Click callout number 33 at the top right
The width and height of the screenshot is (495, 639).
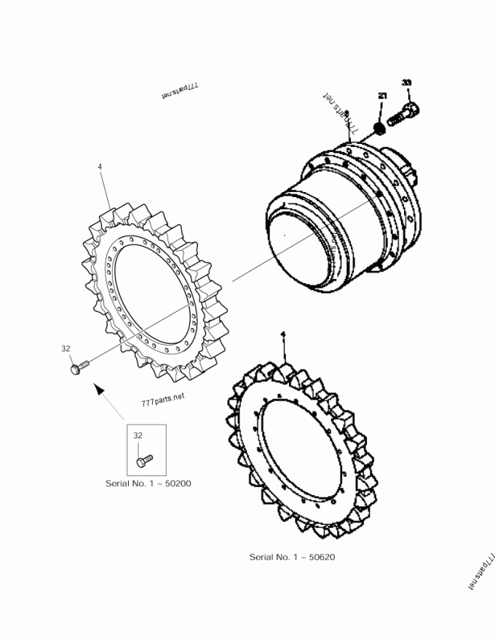(406, 83)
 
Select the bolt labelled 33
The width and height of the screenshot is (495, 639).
(403, 113)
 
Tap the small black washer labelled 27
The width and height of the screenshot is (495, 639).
(379, 128)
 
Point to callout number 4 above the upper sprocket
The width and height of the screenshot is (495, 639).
(100, 167)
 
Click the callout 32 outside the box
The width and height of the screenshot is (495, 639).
(66, 349)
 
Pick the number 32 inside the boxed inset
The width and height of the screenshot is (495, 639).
(138, 435)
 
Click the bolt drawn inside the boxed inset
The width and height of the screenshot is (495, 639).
(144, 459)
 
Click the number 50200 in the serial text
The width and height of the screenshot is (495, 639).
(178, 483)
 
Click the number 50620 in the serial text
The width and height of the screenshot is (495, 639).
(321, 557)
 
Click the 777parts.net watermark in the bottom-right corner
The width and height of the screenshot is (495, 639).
(481, 570)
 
